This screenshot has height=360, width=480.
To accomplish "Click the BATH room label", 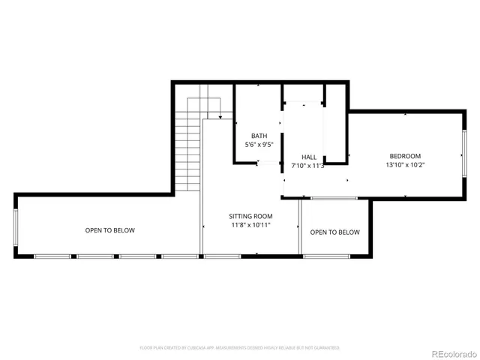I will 259,136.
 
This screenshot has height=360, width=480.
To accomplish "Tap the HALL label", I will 308,157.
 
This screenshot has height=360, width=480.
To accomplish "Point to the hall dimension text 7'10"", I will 299,165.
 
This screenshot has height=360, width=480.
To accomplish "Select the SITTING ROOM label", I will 250,216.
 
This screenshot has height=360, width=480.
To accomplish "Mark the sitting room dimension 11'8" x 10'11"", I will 250,224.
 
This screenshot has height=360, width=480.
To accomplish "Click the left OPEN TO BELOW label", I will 109,230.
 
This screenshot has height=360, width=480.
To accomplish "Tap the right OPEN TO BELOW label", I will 334,232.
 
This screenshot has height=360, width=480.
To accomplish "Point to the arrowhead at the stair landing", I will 220,117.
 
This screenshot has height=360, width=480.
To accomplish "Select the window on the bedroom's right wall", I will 463,156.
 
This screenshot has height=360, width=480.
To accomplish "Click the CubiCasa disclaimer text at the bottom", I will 240,348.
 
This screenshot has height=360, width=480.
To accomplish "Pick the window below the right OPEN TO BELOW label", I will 325,256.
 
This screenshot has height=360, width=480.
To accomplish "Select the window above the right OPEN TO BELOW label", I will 334,198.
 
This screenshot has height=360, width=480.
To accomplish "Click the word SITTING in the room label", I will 241,216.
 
